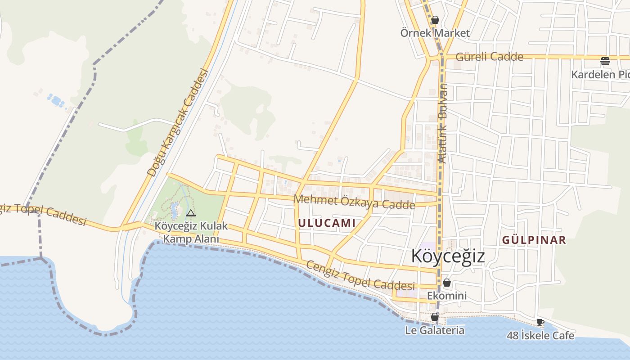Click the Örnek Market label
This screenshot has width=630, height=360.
[435, 33]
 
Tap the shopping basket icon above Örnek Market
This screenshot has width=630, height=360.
[435, 20]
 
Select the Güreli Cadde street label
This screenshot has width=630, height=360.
[490, 57]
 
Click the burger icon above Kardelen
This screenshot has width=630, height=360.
[605, 61]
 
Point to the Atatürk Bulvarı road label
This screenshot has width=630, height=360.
[442, 123]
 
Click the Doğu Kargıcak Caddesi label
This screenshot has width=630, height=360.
[179, 122]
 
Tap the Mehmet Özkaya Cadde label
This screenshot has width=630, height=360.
[354, 202]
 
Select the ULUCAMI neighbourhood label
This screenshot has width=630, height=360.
[327, 223]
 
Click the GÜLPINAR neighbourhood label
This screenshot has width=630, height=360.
[534, 240]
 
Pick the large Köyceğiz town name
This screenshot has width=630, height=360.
[448, 256]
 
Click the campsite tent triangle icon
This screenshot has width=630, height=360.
[191, 213]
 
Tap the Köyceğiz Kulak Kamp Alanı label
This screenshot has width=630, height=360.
[191, 232]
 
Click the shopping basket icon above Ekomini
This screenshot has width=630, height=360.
[447, 283]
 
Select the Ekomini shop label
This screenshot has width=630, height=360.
[447, 296]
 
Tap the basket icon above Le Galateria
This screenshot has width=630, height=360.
[435, 317]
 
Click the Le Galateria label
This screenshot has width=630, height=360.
[435, 330]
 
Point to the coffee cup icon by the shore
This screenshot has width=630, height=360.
[540, 322]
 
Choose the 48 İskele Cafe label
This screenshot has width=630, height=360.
[540, 335]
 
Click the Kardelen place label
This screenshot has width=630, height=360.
[600, 74]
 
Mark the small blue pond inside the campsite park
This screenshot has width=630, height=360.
[174, 210]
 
